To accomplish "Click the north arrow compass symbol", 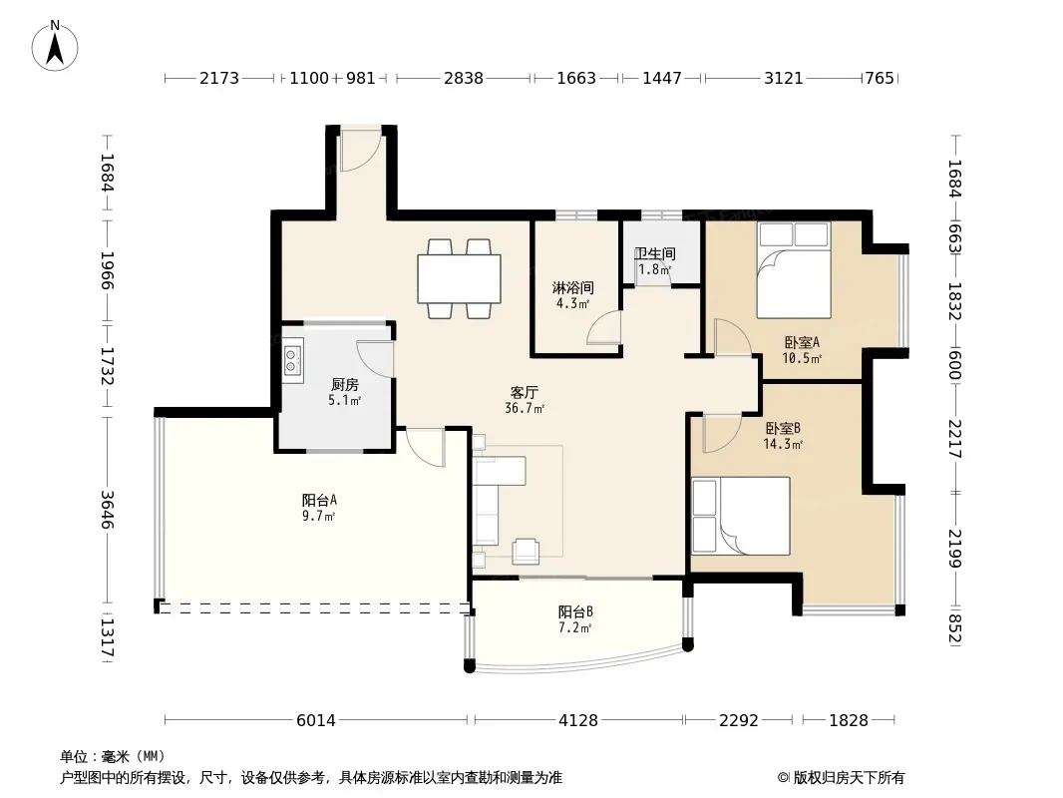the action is coord(55,46).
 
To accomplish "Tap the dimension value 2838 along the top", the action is coord(464,78).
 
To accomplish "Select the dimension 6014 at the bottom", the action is coord(316,720).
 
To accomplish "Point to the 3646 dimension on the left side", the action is coord(107,509).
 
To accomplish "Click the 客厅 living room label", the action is coord(525,393).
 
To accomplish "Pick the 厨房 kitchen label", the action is coord(344,385).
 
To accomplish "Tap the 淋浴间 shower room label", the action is coord(572,288).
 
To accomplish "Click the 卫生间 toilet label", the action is coord(655,253).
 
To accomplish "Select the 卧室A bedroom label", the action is coord(802,342).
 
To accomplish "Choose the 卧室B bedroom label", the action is coord(783,429).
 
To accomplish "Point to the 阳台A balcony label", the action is coord(319,501).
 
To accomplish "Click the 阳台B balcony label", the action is coord(575,611).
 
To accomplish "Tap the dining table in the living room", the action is coord(459,278).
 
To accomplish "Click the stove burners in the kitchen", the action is coord(292,360).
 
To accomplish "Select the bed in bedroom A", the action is coord(794,270).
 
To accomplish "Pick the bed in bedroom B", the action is coord(741,516).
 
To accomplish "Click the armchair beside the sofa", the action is coord(526,552).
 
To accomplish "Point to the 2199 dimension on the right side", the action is coord(954,549).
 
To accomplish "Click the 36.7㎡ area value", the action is coord(525,408).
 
